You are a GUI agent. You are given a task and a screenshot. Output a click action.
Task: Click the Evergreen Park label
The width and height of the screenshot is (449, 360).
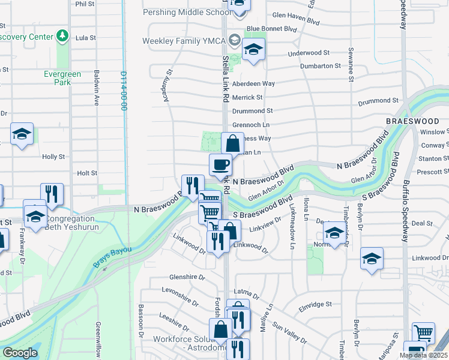point(62,78)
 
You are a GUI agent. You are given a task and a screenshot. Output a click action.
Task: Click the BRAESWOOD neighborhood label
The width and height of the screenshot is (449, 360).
point(417,121)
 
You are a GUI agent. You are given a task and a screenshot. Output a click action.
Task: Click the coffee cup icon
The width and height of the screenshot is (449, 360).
point(220,164)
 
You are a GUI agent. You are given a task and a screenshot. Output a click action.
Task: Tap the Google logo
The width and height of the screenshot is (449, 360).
point(20,353)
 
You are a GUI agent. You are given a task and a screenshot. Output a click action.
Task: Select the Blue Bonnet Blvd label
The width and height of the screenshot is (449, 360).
point(272,28)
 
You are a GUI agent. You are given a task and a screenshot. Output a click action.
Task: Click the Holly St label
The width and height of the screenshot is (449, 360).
point(53,157)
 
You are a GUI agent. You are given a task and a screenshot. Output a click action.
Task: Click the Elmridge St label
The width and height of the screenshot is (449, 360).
point(315,305)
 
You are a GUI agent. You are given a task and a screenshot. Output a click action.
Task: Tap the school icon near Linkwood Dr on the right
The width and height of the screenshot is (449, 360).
point(372,259)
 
